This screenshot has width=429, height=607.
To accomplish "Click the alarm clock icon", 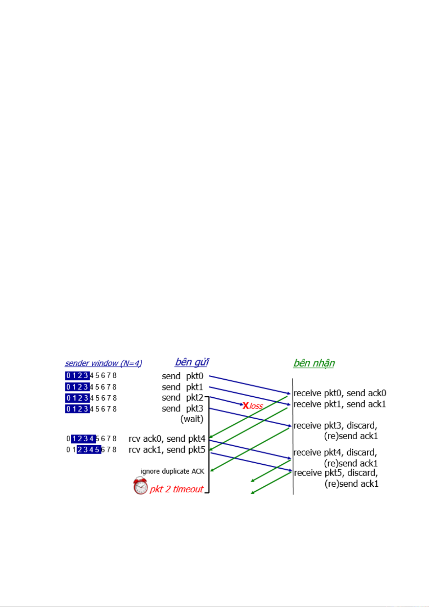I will (x=140, y=486).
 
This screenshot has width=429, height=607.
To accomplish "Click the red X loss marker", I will (x=246, y=406).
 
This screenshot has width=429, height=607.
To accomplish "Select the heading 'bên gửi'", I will (x=192, y=362).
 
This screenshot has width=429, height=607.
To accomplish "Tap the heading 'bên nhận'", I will (x=314, y=363).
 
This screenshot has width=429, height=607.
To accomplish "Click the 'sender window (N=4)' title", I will (x=103, y=363).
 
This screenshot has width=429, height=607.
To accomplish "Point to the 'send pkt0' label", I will (x=182, y=376).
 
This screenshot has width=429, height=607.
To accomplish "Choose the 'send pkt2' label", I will (x=182, y=398).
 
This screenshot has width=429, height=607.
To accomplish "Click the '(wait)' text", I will (x=192, y=419).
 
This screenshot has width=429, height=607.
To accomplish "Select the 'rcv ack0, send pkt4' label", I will (x=167, y=439).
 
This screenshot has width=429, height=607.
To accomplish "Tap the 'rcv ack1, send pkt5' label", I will (x=167, y=450).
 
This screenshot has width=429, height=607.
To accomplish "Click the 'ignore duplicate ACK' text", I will (x=172, y=471).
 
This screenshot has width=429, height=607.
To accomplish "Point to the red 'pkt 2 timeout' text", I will (x=176, y=489).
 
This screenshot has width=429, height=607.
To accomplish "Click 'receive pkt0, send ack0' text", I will (x=340, y=393).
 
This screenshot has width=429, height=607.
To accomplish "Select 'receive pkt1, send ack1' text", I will (x=340, y=404).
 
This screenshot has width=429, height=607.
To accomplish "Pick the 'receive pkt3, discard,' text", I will (x=335, y=426).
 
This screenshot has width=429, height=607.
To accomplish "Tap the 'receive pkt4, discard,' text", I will (x=335, y=452).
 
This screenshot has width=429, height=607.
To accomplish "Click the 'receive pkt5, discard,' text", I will (x=336, y=473).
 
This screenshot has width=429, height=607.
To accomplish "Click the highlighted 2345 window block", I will (x=89, y=450).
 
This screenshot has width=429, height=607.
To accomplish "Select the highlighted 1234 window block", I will (x=83, y=439).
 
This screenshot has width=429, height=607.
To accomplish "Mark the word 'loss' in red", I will (x=256, y=406).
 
